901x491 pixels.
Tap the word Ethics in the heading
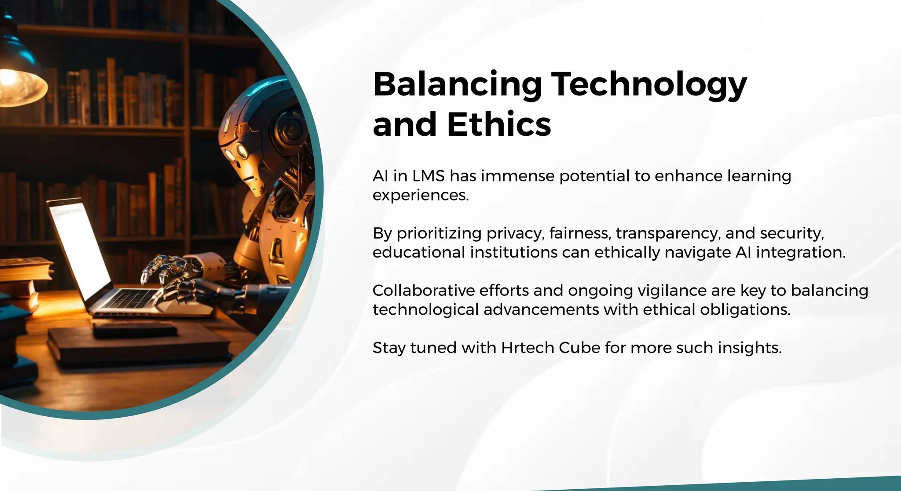[499, 124]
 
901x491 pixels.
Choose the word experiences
[421, 196]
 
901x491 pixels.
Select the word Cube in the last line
[579, 348]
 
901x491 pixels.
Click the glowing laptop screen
[79, 251]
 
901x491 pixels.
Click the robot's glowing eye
[242, 151]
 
